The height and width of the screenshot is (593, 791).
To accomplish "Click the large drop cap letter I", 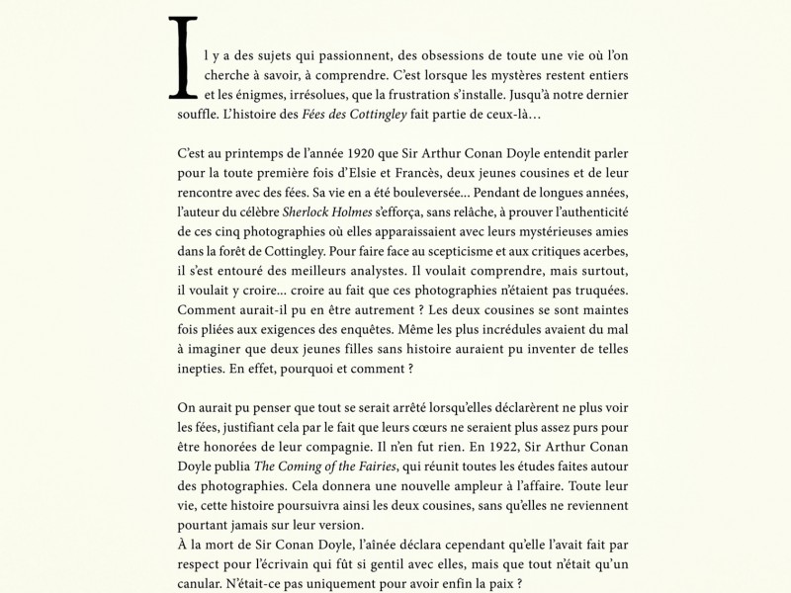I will pyautogui.click(x=180, y=59).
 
